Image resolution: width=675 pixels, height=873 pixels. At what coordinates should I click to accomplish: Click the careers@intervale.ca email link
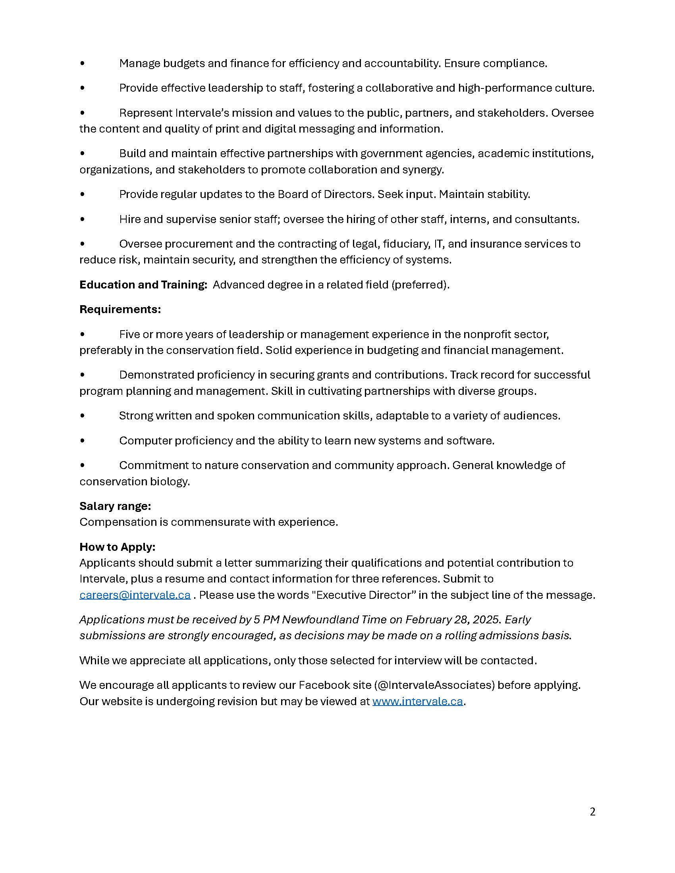[135, 595]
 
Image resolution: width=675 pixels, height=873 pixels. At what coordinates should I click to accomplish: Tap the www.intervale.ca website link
[417, 702]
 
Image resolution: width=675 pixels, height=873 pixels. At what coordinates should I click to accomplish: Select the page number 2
[592, 812]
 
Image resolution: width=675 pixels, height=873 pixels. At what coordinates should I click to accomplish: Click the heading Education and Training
[143, 285]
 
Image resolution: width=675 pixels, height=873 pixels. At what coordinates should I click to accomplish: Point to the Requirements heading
[120, 310]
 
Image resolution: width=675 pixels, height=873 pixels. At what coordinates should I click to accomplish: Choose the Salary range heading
[115, 506]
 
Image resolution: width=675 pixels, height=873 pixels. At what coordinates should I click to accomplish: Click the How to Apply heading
[117, 547]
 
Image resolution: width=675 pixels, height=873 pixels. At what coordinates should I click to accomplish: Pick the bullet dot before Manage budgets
[82, 63]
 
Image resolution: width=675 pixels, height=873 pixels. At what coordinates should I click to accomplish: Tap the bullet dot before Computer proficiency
[82, 441]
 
